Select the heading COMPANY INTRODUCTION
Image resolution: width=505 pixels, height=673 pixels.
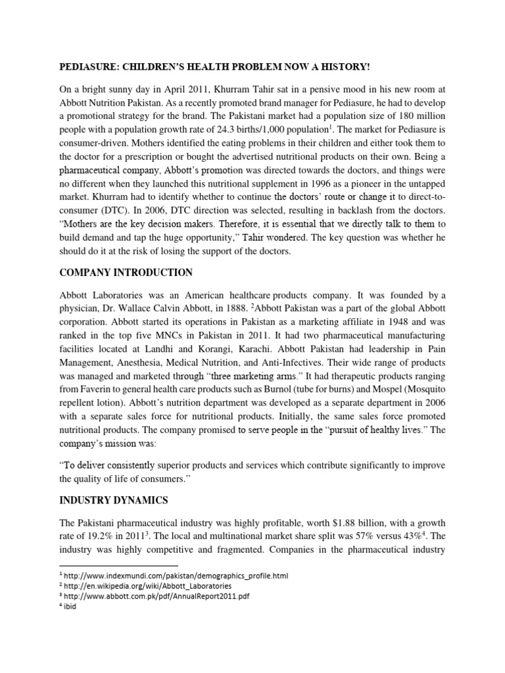tap(126, 272)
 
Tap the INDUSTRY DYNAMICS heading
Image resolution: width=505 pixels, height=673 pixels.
tap(114, 500)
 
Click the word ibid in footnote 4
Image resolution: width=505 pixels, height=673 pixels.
tap(70, 607)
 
